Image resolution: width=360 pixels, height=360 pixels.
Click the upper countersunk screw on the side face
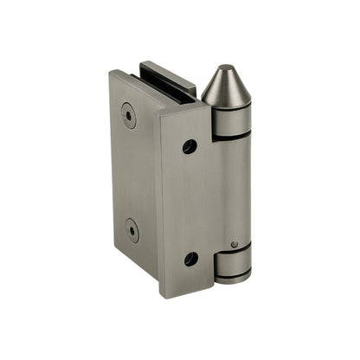(x=129, y=115)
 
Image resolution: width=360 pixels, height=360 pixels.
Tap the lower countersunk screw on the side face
(x=132, y=229)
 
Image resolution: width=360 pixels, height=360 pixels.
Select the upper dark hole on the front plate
(x=190, y=146)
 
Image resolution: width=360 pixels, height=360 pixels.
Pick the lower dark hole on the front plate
(x=191, y=258)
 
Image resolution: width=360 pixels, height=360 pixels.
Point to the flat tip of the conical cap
(x=223, y=67)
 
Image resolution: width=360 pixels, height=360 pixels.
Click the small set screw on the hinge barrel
(x=234, y=245)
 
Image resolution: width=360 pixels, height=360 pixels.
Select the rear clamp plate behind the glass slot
(x=168, y=74)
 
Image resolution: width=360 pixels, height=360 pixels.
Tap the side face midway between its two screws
(x=131, y=173)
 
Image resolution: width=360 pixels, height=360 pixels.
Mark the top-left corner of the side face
(x=111, y=73)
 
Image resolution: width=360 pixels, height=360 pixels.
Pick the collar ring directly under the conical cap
(x=231, y=121)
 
